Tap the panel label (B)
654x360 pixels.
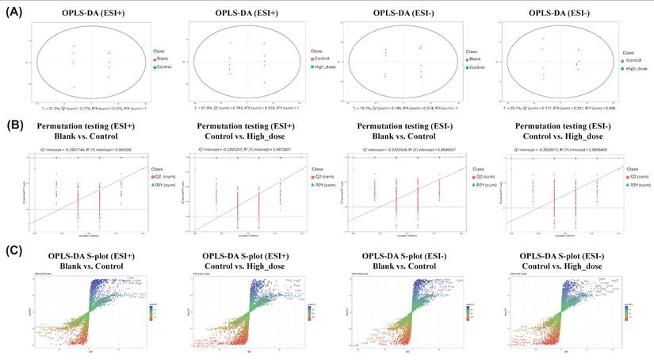13,125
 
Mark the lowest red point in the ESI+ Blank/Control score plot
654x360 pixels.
73,87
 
